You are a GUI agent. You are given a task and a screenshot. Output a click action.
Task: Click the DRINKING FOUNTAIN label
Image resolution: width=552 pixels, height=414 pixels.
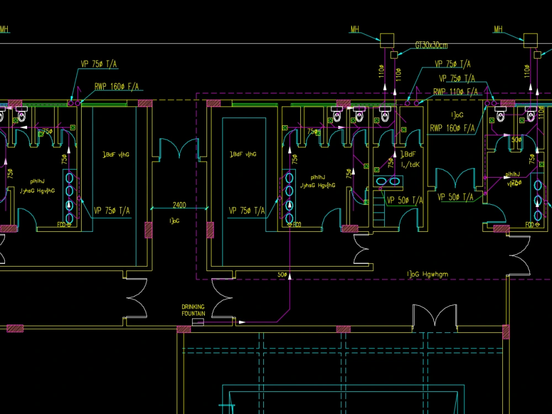[x=193, y=310]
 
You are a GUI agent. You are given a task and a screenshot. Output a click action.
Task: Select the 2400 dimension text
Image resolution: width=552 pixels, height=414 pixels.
[x=179, y=205]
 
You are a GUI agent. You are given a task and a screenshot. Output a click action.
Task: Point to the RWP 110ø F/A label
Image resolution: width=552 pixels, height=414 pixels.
[x=455, y=92]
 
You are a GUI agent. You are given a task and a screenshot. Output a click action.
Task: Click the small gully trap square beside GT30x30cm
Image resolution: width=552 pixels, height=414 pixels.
[x=394, y=55]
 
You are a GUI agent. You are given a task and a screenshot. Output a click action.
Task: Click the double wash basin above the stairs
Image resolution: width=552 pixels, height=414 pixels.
[x=388, y=181]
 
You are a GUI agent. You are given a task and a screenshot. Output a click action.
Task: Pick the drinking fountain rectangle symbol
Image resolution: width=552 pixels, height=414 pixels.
[x=198, y=321]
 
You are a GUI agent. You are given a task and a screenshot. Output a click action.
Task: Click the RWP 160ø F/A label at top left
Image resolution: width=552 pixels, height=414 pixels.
[x=117, y=87]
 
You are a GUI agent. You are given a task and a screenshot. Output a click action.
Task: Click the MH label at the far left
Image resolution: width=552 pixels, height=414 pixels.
[x=4, y=29]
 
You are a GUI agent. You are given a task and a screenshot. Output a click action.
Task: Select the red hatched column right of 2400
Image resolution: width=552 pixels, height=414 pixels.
[x=210, y=230]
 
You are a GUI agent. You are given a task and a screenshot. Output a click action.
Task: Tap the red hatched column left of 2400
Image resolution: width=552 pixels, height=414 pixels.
[x=148, y=230]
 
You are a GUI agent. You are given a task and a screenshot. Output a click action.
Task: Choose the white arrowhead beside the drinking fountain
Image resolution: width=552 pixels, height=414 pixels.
[x=242, y=321]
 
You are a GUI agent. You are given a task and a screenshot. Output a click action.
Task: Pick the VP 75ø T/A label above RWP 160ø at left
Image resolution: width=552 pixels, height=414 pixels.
[x=99, y=64]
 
